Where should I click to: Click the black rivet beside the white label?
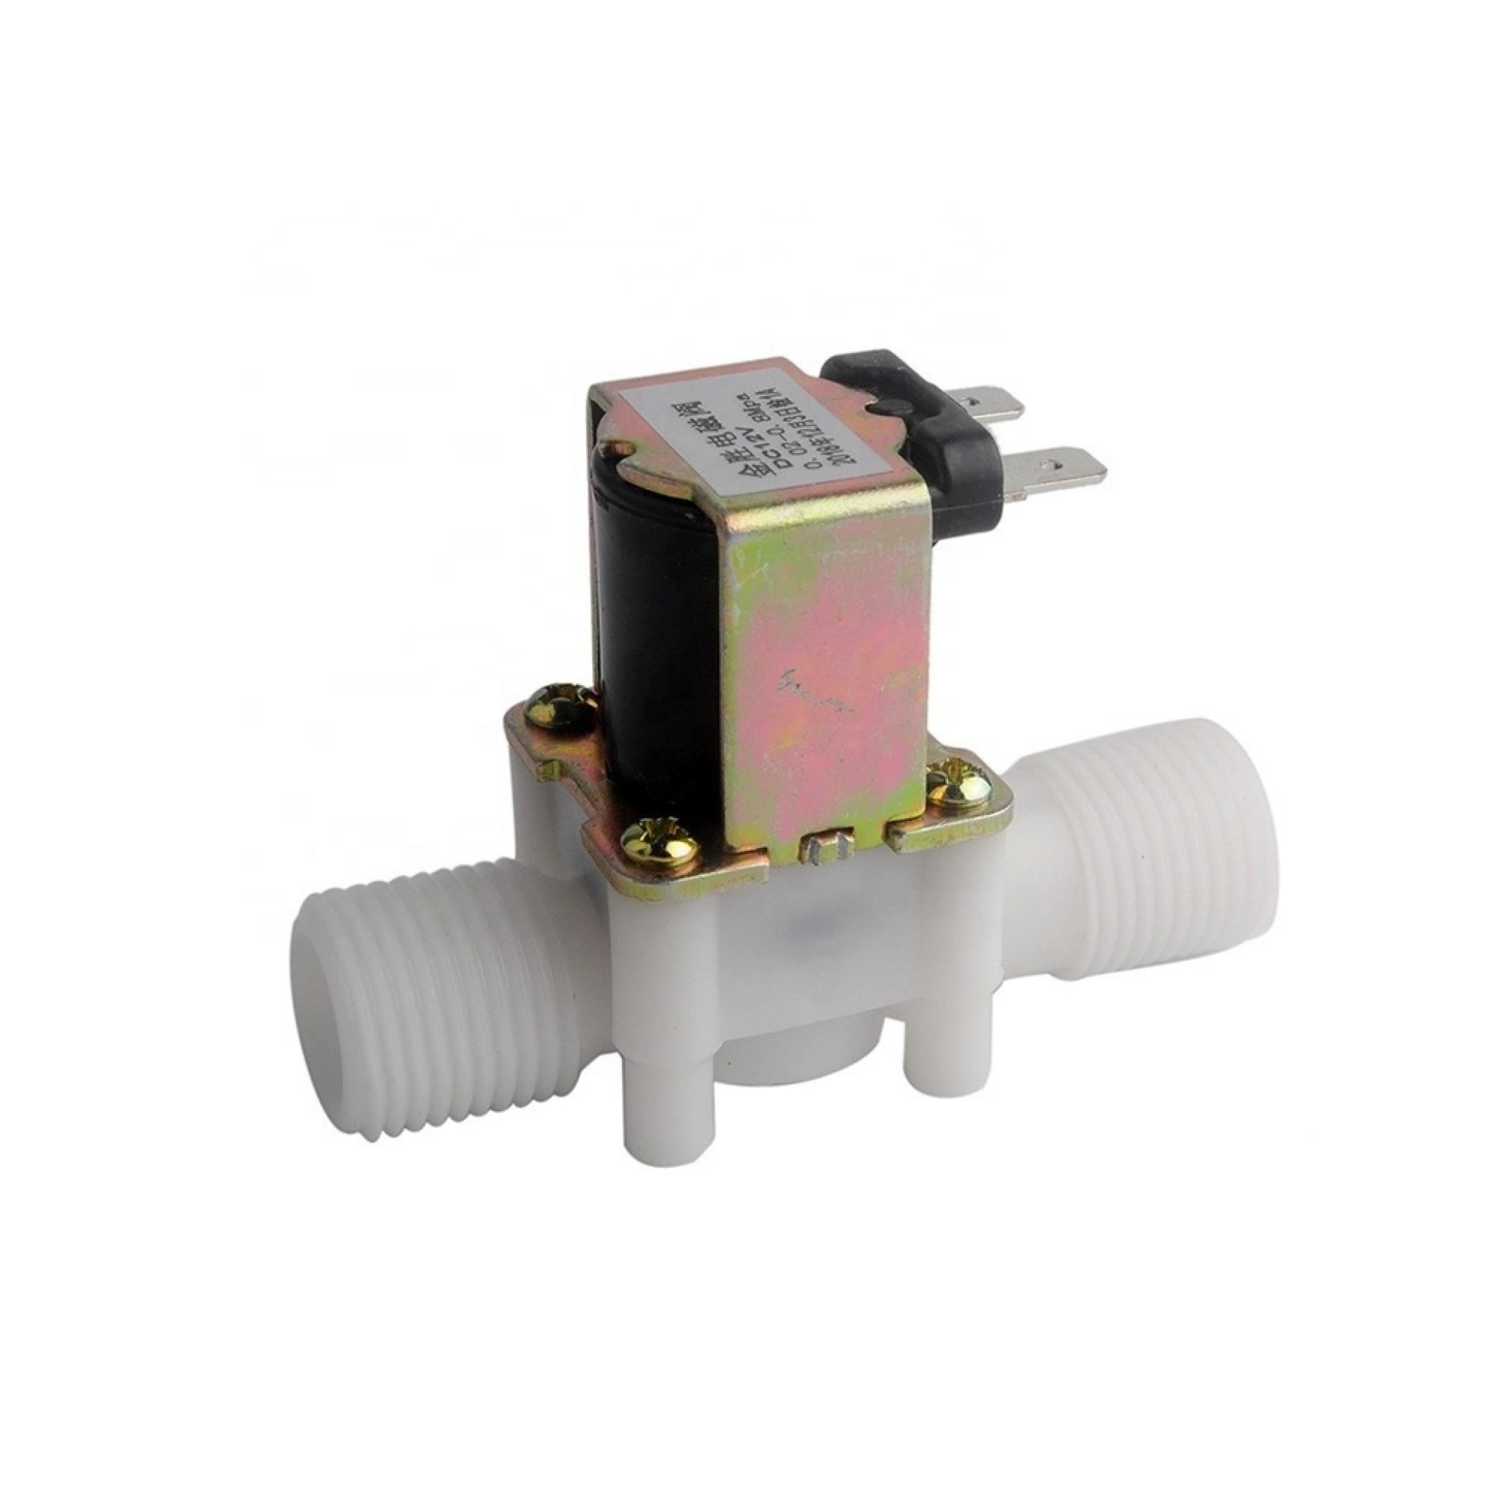coord(882,407)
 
